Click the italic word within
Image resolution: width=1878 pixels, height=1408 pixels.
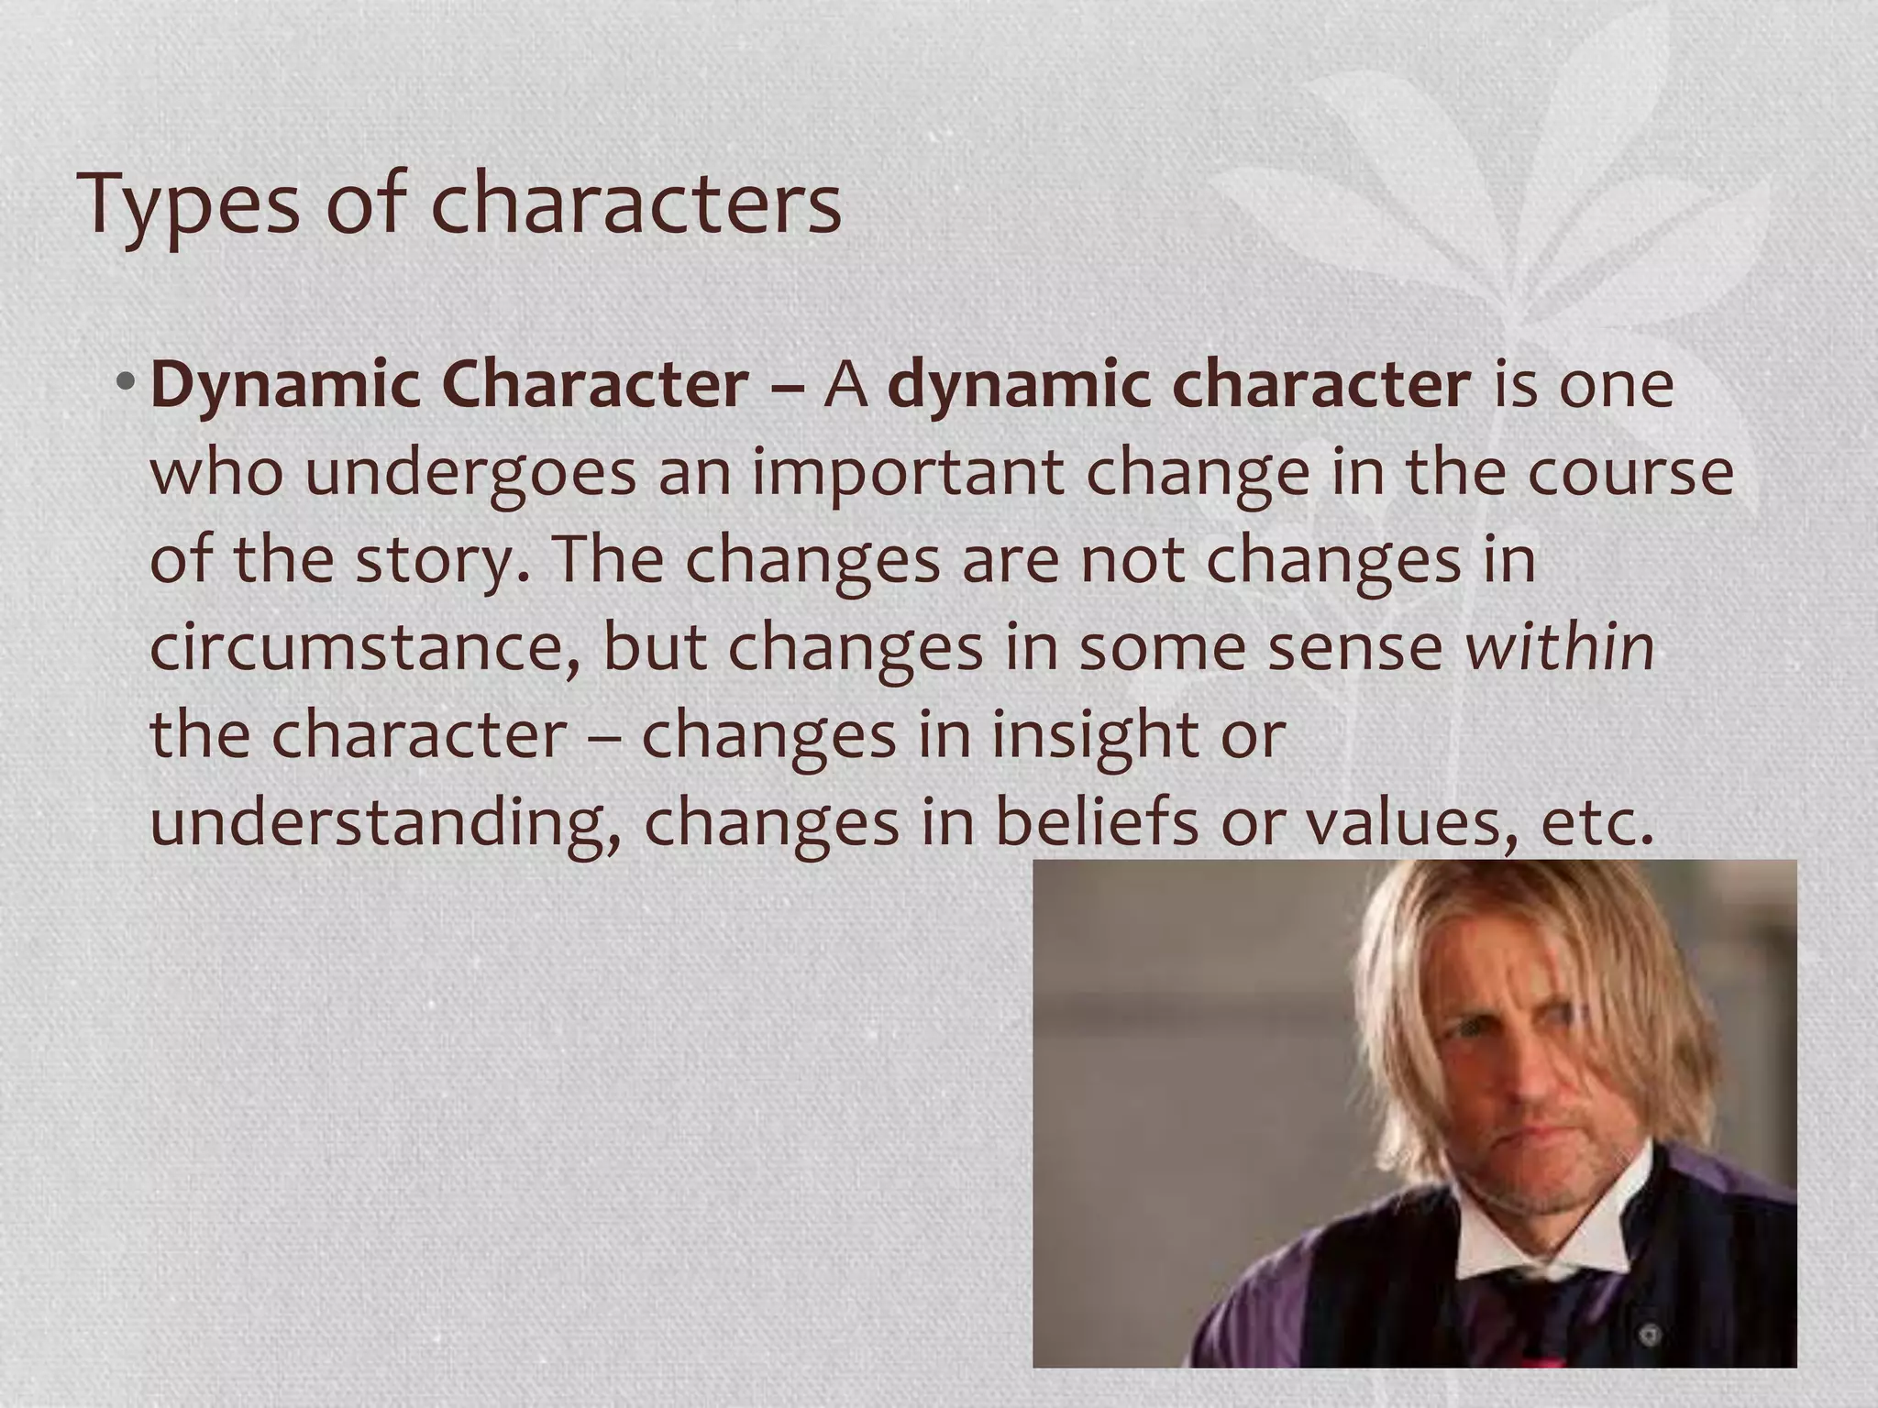click(1560, 646)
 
